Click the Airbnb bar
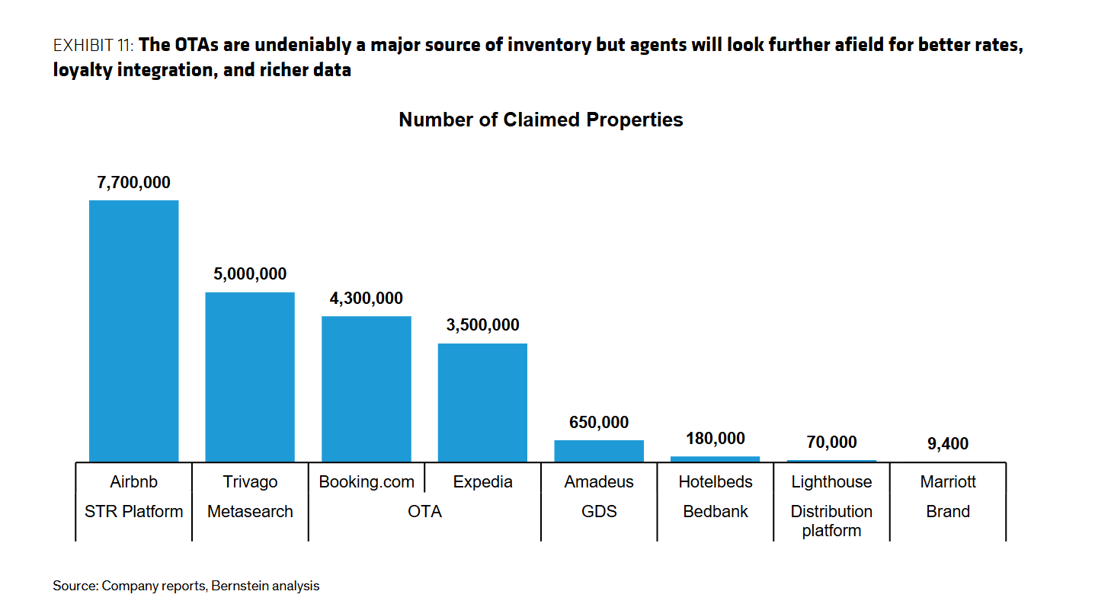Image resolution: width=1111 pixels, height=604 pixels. click(x=134, y=331)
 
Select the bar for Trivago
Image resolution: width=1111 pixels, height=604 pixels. click(x=250, y=376)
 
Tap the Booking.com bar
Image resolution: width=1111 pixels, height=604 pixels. click(x=367, y=388)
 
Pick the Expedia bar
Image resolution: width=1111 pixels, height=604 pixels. click(x=482, y=402)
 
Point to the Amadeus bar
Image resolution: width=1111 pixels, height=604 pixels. click(x=599, y=451)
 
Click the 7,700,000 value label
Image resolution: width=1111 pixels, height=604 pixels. click(x=134, y=183)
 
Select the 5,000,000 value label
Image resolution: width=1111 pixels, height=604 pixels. click(x=250, y=274)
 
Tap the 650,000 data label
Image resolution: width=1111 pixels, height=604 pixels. click(x=599, y=423)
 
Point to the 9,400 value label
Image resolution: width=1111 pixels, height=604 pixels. click(x=948, y=443)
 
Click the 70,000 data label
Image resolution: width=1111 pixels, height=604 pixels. click(x=831, y=442)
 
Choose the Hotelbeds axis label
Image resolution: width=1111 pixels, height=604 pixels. click(x=716, y=482)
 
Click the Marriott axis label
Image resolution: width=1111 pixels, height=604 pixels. click(x=948, y=482)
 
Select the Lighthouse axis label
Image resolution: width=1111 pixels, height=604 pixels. click(x=831, y=482)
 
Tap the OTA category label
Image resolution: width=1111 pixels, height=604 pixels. click(x=424, y=512)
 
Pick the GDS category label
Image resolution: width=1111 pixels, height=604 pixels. click(x=599, y=512)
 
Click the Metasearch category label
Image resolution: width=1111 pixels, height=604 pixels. click(x=250, y=512)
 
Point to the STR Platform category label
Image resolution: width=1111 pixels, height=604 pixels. click(x=134, y=512)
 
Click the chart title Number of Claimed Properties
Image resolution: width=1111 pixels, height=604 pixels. click(x=541, y=120)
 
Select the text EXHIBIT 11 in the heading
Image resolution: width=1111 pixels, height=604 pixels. click(x=94, y=46)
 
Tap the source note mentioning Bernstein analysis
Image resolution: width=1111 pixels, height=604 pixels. click(x=186, y=586)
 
